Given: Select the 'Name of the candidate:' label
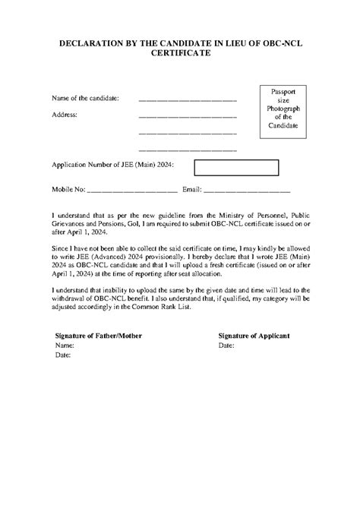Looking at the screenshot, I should pyautogui.click(x=85, y=99).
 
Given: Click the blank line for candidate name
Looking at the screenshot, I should pyautogui.click(x=188, y=99).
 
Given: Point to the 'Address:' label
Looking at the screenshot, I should pyautogui.click(x=65, y=115).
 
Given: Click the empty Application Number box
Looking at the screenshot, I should pyautogui.click(x=237, y=167).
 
